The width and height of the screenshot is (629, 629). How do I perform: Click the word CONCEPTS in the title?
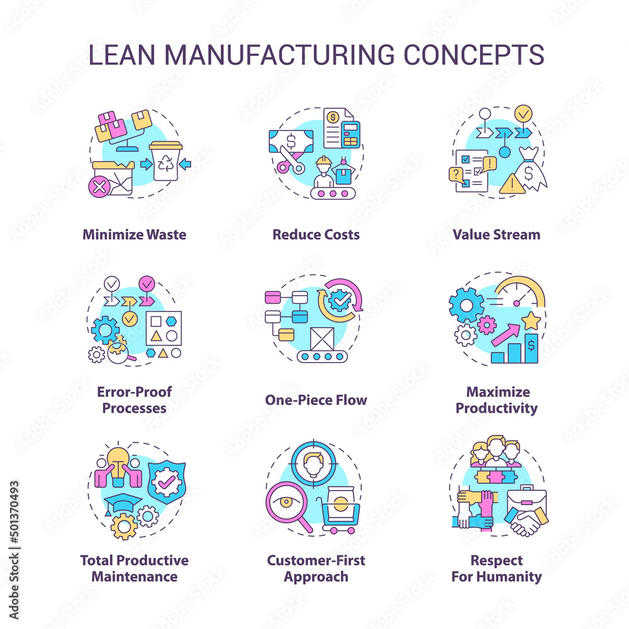[474, 55]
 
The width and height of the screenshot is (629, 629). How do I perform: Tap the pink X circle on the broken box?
[98, 186]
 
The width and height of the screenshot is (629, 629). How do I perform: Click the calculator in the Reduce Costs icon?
[350, 135]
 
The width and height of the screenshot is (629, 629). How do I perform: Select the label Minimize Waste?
[134, 235]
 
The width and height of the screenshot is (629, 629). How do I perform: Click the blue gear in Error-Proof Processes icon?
[105, 329]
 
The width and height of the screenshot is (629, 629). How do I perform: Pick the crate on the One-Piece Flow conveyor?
[322, 340]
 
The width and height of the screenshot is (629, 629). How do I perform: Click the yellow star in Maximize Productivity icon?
[532, 321]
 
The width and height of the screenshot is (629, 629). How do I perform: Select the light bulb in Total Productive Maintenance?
[118, 459]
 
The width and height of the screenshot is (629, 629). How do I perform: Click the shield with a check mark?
[166, 483]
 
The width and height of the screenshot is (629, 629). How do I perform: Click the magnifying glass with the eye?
[287, 503]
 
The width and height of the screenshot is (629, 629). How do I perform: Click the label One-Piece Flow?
[316, 400]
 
